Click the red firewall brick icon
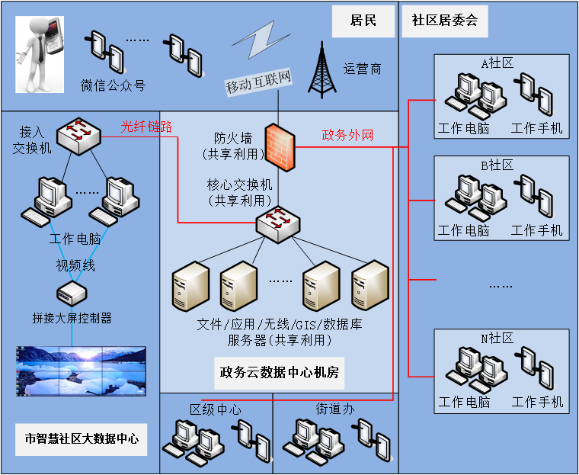click(278, 146)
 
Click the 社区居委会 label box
click(445, 21)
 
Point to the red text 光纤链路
click(146, 127)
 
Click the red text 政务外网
click(347, 136)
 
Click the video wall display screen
click(81, 372)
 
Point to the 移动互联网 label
click(259, 86)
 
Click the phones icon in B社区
click(536, 194)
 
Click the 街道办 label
click(336, 409)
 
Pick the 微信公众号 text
click(113, 85)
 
